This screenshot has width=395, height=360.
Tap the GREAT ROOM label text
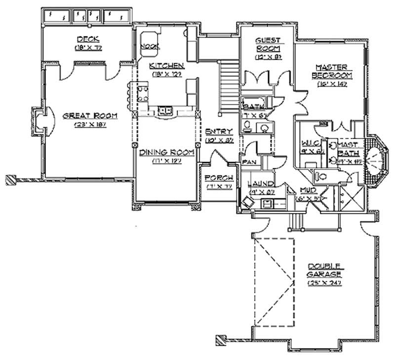[x=90, y=116]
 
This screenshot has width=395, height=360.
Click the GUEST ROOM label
[x=268, y=44]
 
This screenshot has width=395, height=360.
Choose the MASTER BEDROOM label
[x=332, y=71]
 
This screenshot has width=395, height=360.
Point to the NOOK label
[x=148, y=46]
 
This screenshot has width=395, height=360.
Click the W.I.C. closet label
[x=312, y=143]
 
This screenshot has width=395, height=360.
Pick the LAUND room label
[x=260, y=184]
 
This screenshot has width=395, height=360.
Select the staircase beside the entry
[x=228, y=84]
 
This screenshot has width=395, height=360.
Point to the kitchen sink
[x=164, y=109]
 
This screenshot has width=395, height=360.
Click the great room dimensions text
[x=90, y=125]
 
